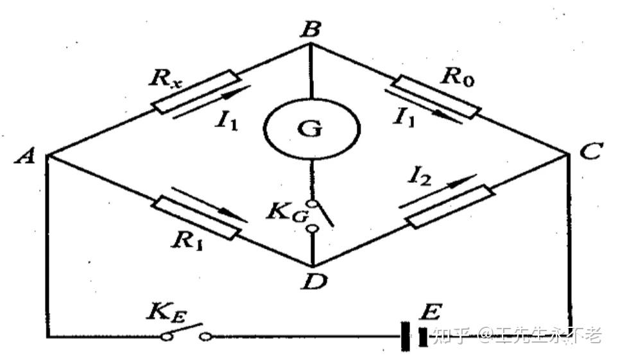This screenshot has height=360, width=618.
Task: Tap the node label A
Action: (27, 156)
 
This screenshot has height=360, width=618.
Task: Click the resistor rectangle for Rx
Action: (196, 92)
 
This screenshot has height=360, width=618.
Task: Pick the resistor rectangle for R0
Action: (437, 97)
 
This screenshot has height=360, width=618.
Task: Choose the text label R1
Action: (188, 241)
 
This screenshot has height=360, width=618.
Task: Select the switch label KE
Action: (165, 314)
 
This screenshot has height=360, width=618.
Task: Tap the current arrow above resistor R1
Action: (209, 203)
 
